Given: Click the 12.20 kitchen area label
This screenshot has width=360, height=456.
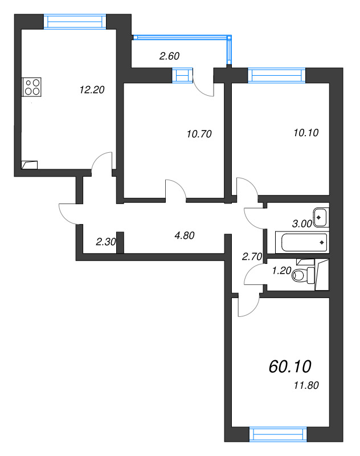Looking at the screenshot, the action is click(92, 90).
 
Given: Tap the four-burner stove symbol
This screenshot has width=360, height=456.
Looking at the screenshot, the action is click(32, 87).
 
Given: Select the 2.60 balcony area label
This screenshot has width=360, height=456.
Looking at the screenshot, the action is click(169, 56).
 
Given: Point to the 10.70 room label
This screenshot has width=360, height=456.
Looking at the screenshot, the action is click(199, 134).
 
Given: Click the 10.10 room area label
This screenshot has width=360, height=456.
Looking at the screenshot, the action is click(306, 133).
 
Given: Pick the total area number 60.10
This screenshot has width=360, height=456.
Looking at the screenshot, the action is click(290, 367).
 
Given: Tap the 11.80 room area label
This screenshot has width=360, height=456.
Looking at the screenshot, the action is click(306, 385).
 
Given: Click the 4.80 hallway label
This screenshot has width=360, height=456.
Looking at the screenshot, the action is click(185, 235).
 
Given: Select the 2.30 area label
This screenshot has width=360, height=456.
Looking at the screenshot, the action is click(106, 242).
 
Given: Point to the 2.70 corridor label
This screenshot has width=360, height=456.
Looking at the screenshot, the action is click(252, 256).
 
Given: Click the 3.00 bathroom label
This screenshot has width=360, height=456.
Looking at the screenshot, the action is click(302, 223).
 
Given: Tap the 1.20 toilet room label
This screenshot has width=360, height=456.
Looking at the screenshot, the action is click(281, 271).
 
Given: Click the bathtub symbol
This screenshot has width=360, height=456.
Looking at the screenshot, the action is click(302, 242).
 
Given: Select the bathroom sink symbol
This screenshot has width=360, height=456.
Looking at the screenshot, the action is click(321, 217).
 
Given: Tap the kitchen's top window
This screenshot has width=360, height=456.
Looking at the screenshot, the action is click(75, 22).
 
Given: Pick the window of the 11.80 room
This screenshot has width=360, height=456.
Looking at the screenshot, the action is click(279, 434).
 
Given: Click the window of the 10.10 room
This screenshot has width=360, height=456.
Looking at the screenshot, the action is click(277, 75).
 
